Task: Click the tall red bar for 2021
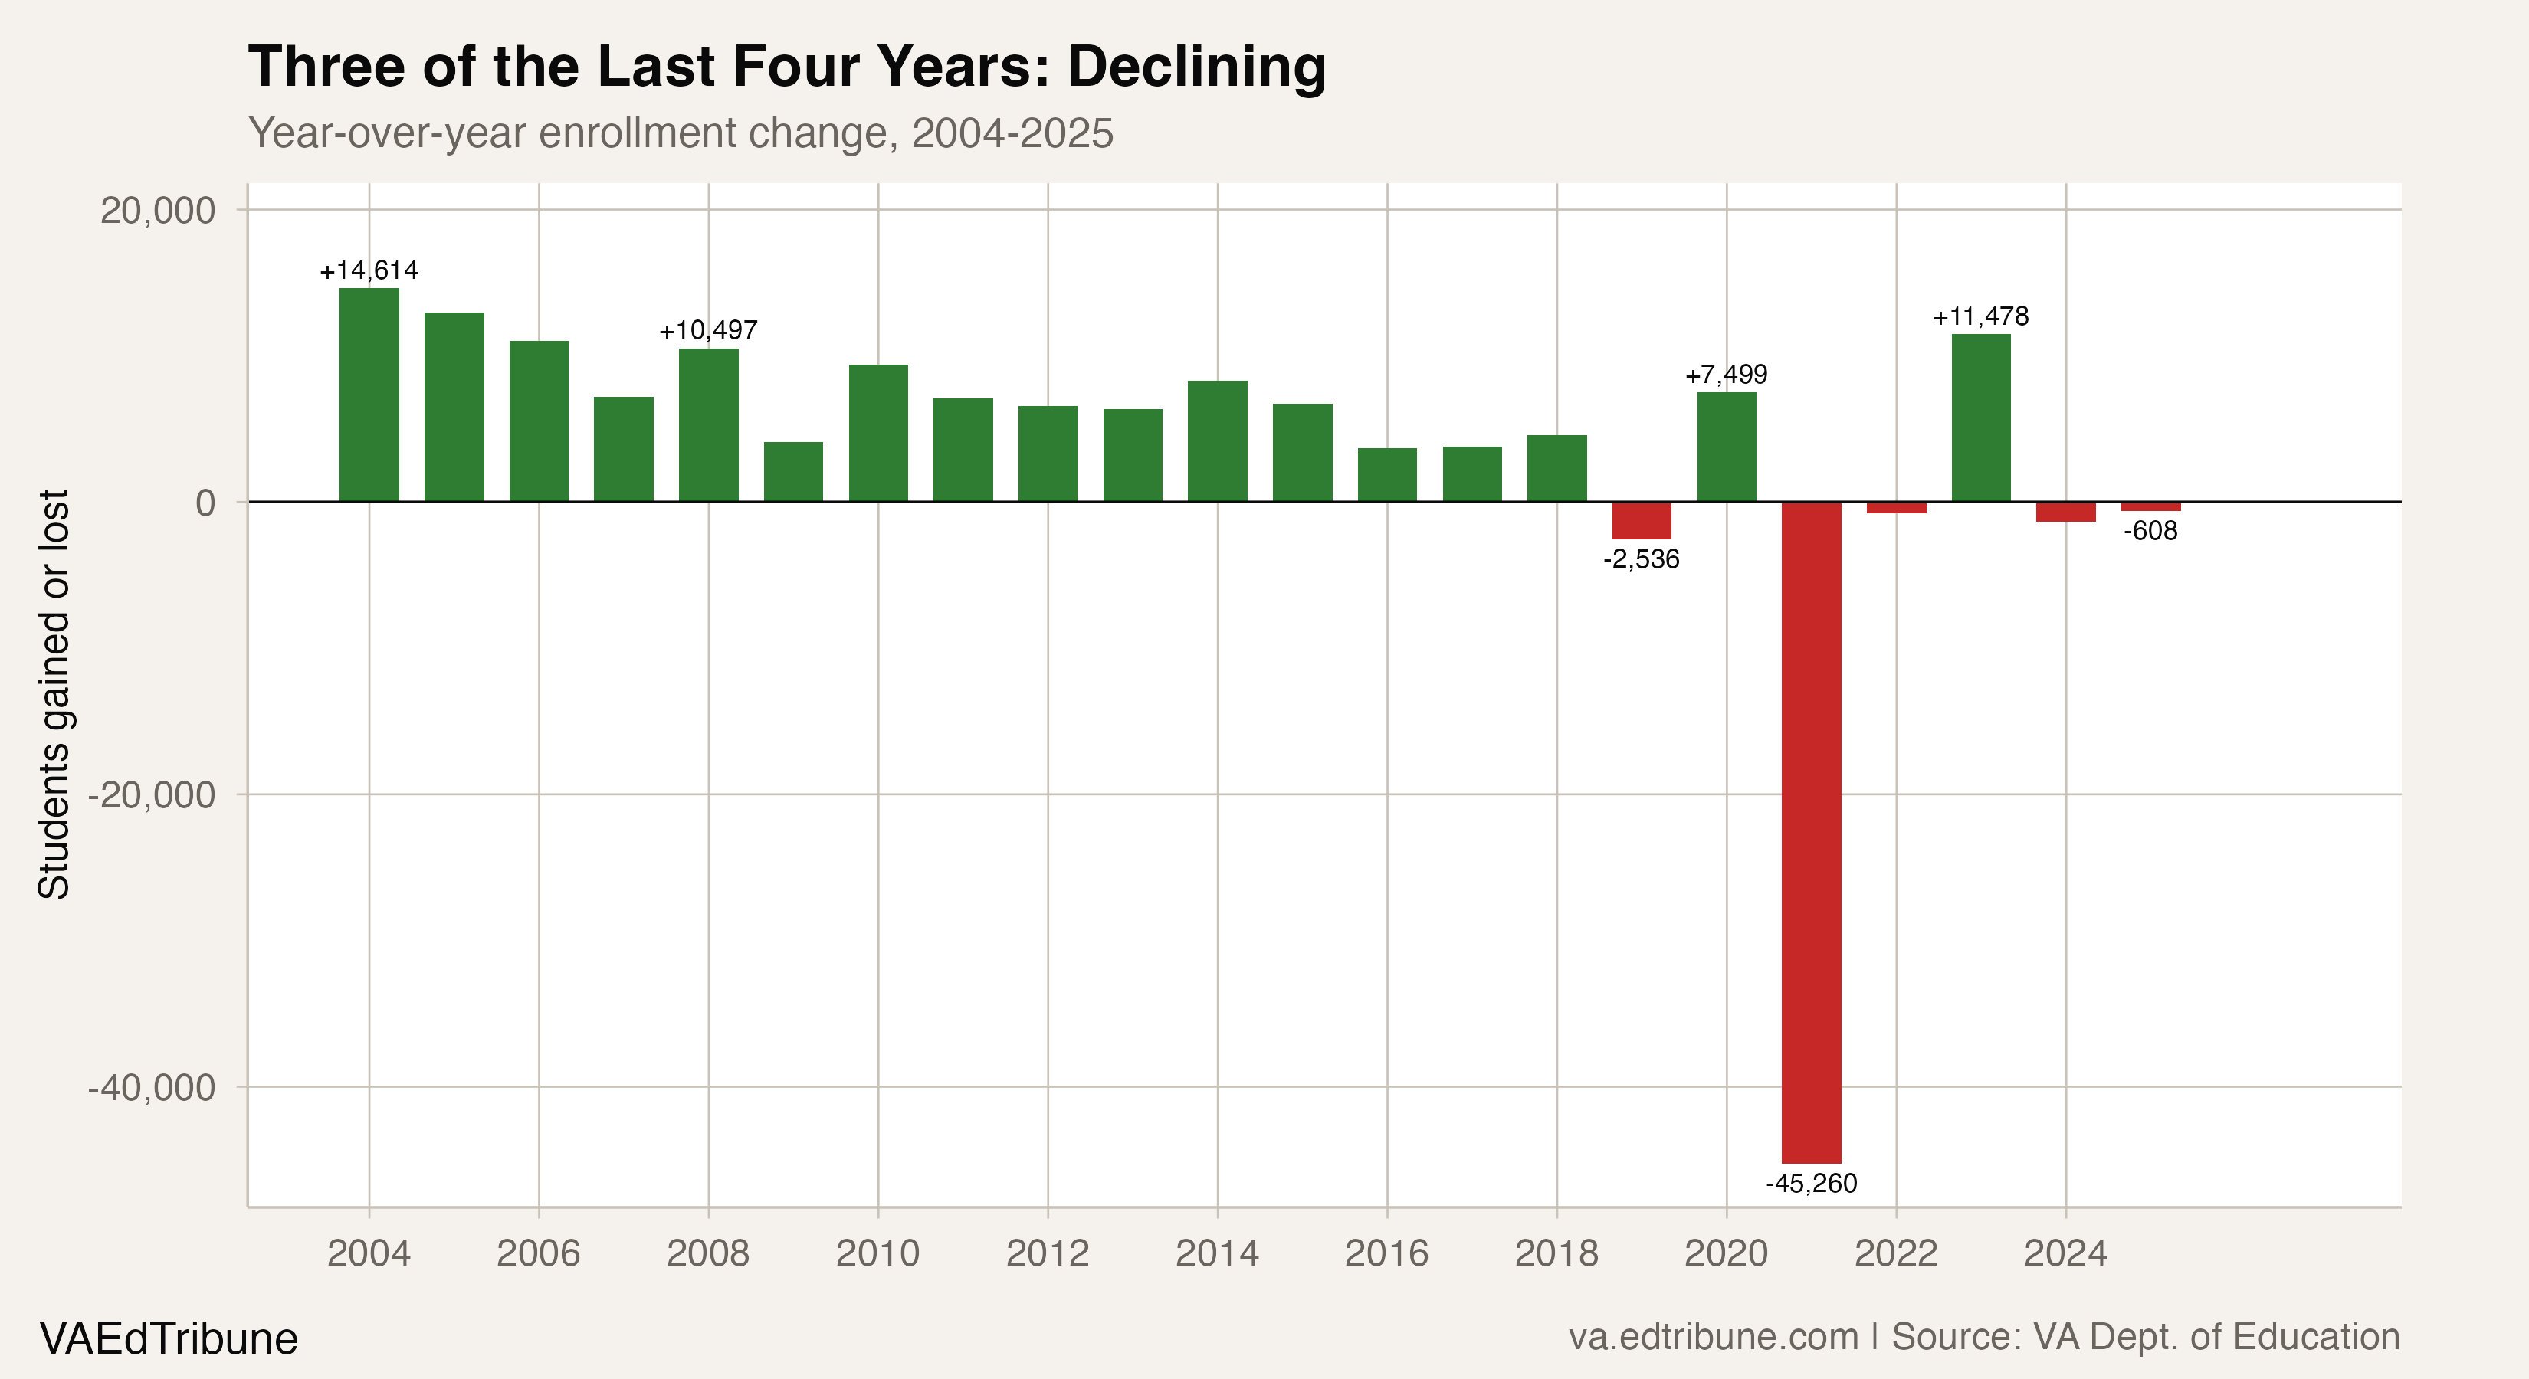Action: [1812, 831]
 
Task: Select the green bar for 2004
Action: [369, 395]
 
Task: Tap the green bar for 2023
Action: [1981, 418]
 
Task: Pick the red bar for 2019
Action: [1642, 520]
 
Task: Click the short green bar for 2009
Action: [793, 472]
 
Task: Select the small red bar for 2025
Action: [2151, 506]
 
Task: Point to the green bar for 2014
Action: [1218, 442]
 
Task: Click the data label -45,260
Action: [1812, 1184]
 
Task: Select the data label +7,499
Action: [1726, 375]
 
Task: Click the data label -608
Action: [2151, 531]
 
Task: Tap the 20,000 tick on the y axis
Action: [158, 211]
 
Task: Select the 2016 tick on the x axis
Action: [1386, 1253]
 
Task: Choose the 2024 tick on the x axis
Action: [2065, 1253]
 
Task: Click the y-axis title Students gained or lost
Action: [54, 694]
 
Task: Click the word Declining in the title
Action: [1197, 67]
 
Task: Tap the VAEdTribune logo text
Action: [169, 1338]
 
